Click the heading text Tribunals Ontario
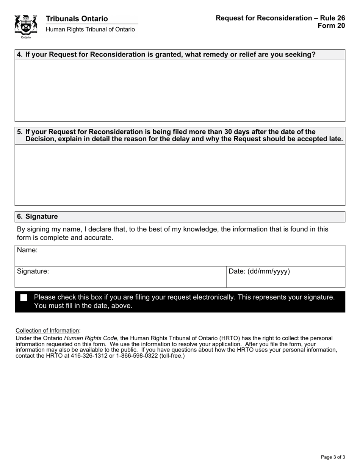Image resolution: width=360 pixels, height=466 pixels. (77, 19)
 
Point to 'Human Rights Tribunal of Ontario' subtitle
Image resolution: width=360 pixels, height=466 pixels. (90, 30)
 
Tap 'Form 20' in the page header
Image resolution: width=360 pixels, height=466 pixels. (332, 25)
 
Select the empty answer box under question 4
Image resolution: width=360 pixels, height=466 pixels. (180, 91)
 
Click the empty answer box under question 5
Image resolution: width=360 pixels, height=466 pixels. (180, 175)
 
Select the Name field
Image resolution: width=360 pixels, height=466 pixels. (180, 256)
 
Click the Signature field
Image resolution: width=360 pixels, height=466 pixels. (121, 277)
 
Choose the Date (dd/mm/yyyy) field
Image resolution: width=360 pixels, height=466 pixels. (286, 277)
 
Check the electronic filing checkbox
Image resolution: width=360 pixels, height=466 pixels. (24, 297)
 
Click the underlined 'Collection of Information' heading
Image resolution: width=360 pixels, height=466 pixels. (47, 330)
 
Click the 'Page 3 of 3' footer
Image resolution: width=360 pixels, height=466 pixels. (333, 457)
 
